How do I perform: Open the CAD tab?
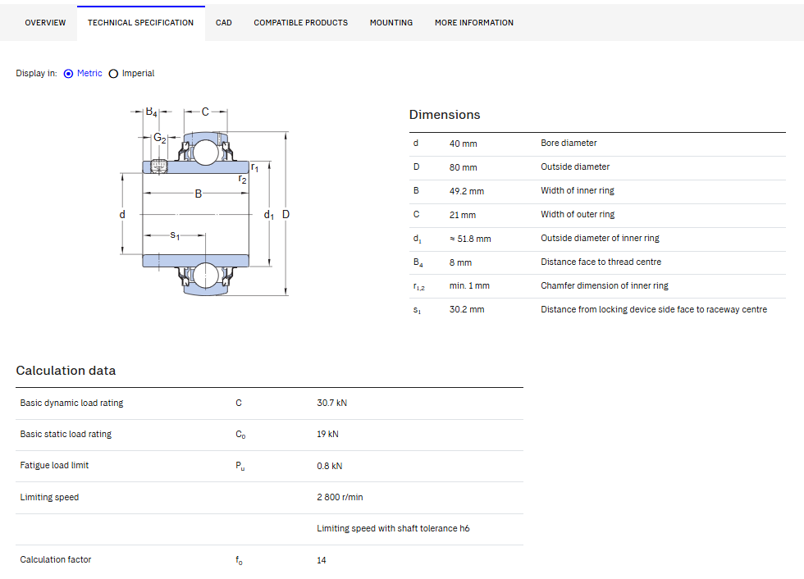(223, 22)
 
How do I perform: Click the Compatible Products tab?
(300, 22)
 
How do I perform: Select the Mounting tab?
(391, 22)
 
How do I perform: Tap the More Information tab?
(474, 22)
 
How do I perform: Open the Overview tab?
(45, 22)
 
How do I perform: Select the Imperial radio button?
(113, 74)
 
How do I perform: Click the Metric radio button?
(68, 74)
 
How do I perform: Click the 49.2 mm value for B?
(467, 191)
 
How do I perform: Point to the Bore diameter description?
(569, 143)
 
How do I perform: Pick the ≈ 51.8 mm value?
(470, 239)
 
